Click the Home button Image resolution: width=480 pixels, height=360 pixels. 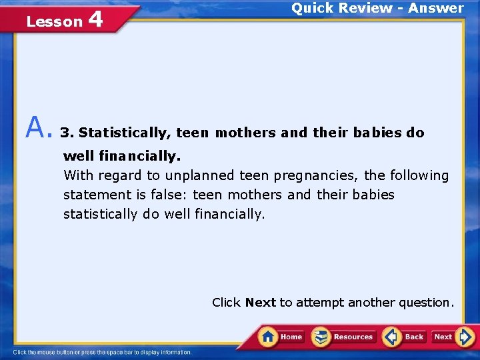click(281, 337)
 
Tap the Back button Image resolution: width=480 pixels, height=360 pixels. click(405, 337)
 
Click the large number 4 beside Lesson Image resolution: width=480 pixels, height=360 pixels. click(95, 19)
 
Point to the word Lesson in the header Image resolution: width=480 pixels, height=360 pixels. click(54, 22)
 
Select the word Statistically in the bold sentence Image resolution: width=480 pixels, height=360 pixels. click(125, 133)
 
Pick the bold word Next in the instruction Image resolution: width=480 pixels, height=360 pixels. click(260, 303)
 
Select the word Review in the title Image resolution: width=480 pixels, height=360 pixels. click(364, 8)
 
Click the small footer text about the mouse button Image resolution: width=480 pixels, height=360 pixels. click(103, 352)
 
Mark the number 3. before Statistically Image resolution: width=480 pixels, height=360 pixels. click(67, 133)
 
